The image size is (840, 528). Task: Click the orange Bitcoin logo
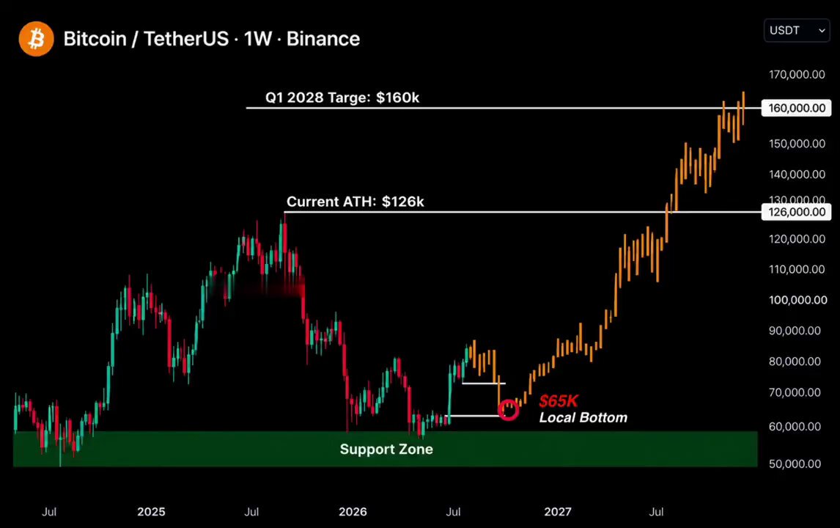36,39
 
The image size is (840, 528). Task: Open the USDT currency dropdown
797,31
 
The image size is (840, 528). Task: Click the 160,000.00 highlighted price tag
797,108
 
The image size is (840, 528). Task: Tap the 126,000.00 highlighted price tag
797,212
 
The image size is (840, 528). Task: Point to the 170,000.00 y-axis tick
797,75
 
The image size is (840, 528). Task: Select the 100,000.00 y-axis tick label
797,300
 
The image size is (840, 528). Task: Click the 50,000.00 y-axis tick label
795,463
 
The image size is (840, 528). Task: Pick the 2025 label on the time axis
151,511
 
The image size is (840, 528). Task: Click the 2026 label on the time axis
353,511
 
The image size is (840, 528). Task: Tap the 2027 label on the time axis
558,511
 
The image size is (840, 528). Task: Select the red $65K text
559,401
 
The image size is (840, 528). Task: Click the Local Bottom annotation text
583,417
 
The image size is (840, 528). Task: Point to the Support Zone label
386,450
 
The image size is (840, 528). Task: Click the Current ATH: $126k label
355,202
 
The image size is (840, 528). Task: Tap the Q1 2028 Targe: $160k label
342,98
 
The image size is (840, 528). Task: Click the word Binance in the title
323,39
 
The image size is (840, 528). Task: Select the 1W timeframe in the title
258,39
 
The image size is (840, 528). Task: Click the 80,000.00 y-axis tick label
795,362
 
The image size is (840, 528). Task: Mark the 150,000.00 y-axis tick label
797,144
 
